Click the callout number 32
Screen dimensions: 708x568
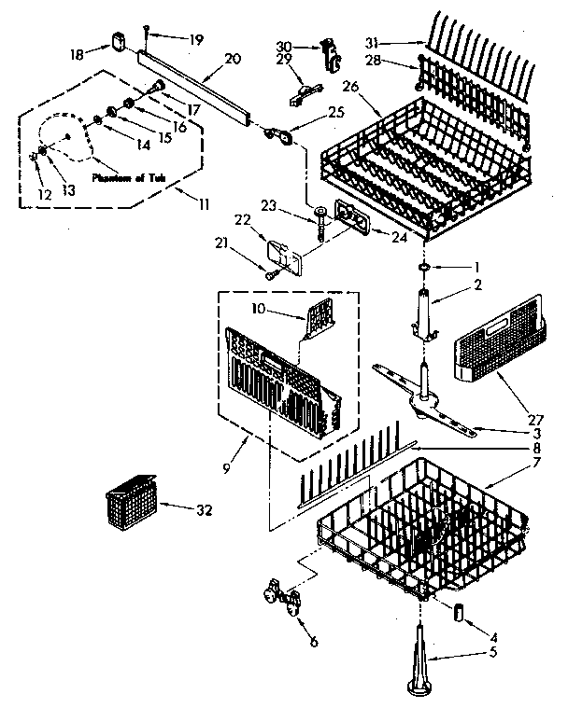point(203,510)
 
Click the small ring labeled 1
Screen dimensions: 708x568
point(424,268)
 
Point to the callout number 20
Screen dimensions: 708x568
point(234,58)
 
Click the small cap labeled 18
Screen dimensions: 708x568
point(118,40)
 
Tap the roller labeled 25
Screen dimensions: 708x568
point(280,137)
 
